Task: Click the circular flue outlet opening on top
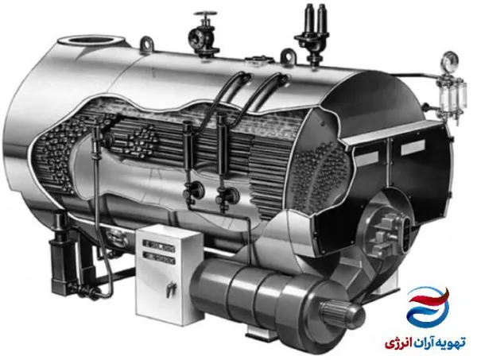91,41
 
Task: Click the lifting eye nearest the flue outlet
147,43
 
